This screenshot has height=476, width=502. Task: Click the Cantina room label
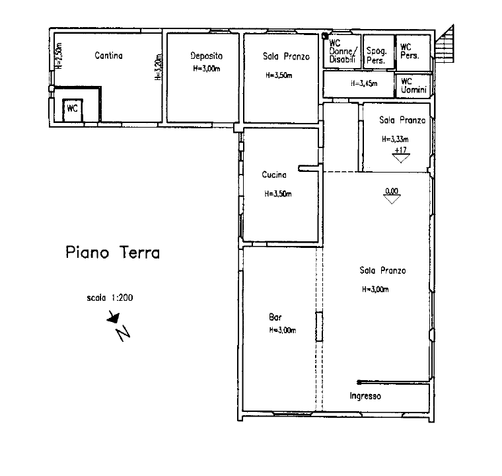tap(108, 56)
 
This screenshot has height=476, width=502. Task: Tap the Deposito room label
tap(206, 56)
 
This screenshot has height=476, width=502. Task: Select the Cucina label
tap(274, 175)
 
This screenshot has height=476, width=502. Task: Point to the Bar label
tap(275, 317)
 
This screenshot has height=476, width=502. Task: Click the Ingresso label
tap(365, 396)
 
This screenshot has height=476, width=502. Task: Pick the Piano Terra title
tap(113, 253)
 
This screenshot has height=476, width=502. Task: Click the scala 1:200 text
tap(110, 297)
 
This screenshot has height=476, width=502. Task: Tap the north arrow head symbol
tap(114, 317)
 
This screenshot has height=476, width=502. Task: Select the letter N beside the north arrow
tap(123, 333)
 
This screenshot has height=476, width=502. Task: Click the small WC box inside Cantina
tap(73, 110)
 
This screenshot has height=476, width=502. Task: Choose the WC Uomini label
tap(413, 85)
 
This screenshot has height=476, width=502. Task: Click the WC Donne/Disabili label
tap(342, 52)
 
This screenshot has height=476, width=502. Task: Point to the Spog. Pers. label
tap(377, 56)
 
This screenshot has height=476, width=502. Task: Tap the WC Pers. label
tap(410, 52)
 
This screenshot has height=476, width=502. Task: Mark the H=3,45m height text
tap(364, 84)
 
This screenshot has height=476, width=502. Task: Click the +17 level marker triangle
tap(401, 158)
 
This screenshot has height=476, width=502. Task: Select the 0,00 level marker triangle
tap(392, 199)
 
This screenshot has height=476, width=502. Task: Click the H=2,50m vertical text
tap(59, 56)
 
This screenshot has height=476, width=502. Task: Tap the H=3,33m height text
tap(395, 139)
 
